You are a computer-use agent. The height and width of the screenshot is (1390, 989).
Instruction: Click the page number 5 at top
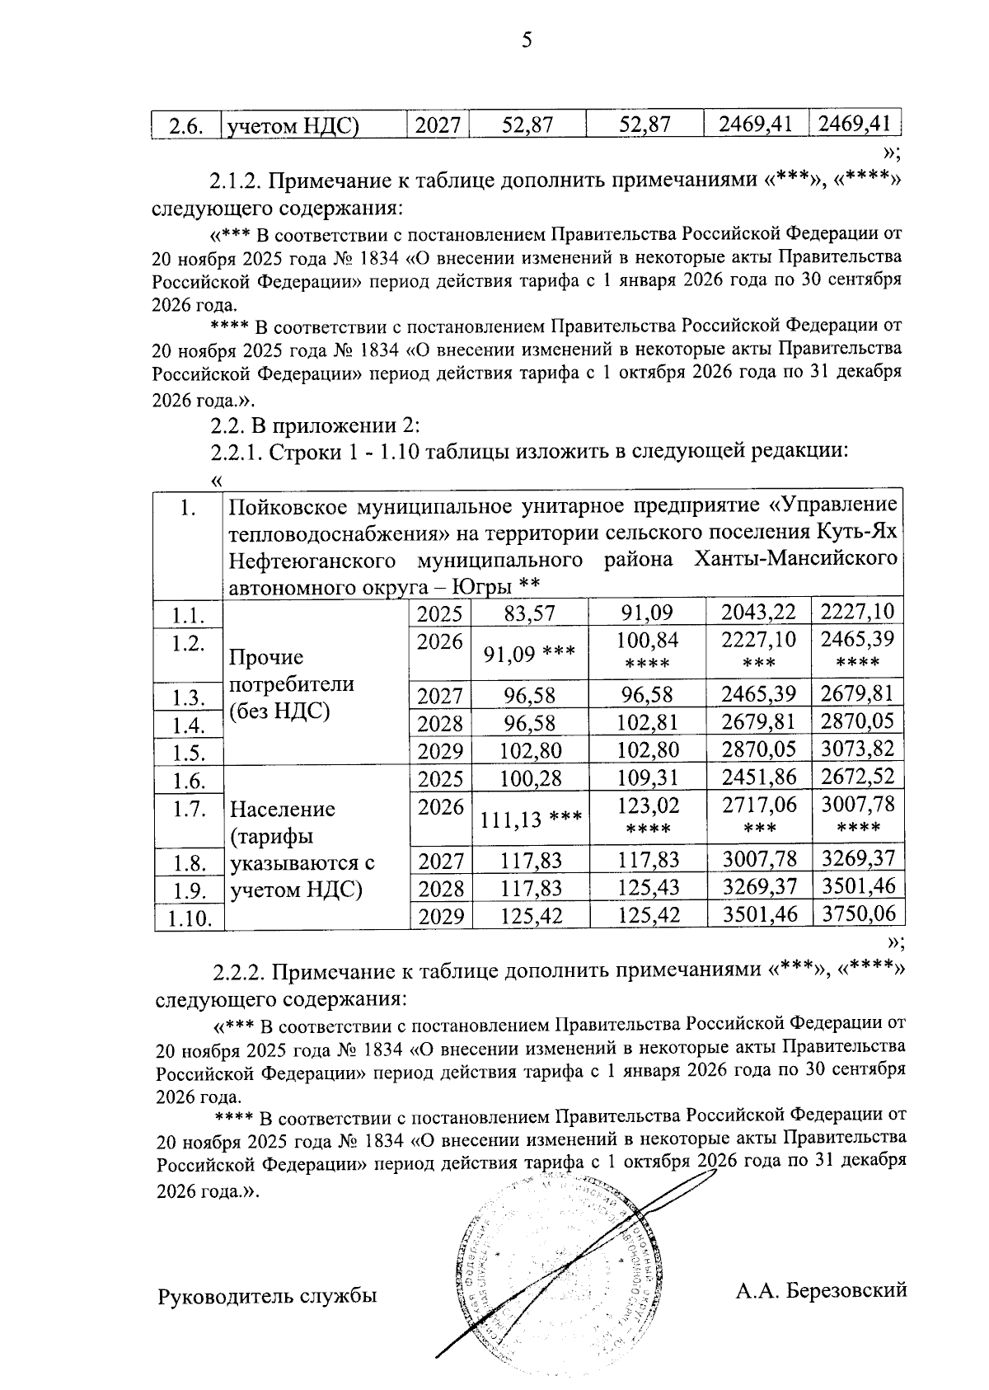point(527,40)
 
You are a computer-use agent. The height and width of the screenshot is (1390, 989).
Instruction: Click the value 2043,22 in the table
point(758,613)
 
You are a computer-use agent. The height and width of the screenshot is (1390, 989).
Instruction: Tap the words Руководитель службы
point(267,1297)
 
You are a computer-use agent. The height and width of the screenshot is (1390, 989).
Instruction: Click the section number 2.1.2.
point(236,180)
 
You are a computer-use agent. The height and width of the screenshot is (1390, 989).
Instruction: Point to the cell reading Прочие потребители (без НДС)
point(292,683)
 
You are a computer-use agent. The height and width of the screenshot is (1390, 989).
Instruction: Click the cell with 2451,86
point(758,777)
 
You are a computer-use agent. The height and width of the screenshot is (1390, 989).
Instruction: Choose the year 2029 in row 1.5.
point(440,751)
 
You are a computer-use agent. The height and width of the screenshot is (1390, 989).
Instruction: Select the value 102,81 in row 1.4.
point(647,723)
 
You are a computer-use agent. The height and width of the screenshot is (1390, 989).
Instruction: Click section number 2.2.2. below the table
point(240,971)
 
